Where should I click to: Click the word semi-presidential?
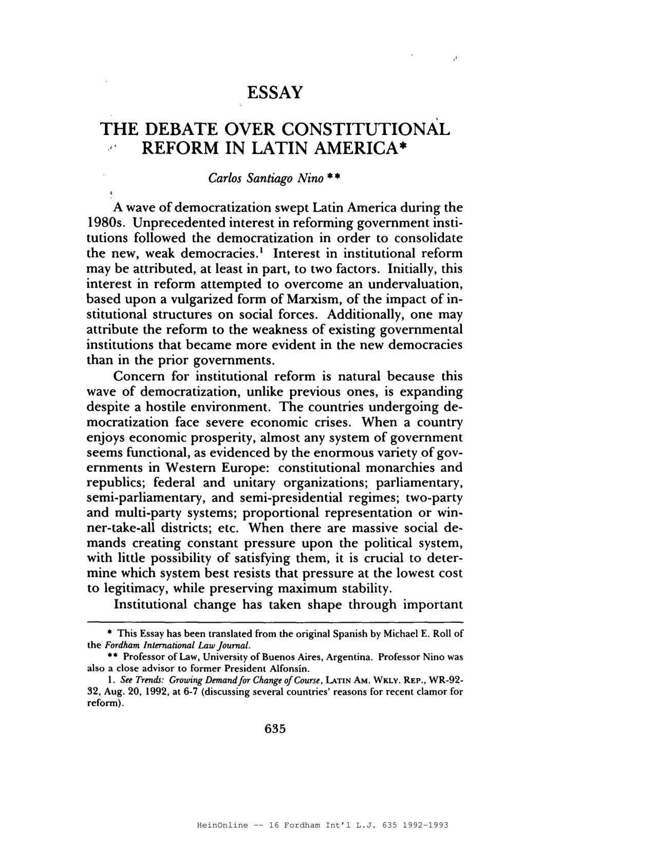[x=296, y=498]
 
